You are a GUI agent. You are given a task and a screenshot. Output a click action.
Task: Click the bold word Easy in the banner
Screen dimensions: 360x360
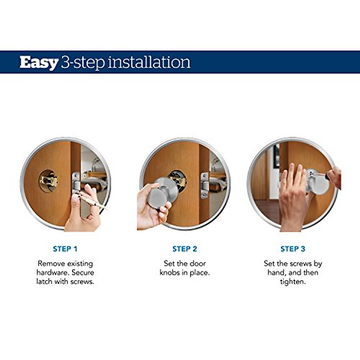tap(39, 63)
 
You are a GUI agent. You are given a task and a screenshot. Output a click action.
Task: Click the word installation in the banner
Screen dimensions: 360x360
tap(149, 62)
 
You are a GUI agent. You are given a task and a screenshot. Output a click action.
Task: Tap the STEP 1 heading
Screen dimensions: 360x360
tap(65, 249)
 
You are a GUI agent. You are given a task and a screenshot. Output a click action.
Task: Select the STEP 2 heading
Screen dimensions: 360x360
tap(185, 249)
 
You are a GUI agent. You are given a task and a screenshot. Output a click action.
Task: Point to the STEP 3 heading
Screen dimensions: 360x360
tap(293, 249)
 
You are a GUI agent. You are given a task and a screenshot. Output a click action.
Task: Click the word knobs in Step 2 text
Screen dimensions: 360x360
tap(170, 272)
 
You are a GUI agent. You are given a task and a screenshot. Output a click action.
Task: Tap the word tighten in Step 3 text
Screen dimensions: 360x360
tap(293, 281)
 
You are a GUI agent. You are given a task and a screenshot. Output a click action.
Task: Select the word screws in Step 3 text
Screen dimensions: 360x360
tap(301, 264)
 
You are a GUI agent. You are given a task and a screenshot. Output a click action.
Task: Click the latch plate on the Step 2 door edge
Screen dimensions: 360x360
tap(205, 185)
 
